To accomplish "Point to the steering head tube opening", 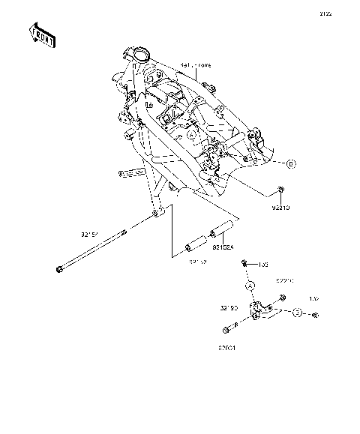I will tap(139, 54).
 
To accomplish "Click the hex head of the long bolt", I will tap(58, 269).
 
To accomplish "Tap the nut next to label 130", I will tap(245, 264).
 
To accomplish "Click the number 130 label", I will tap(263, 264).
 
